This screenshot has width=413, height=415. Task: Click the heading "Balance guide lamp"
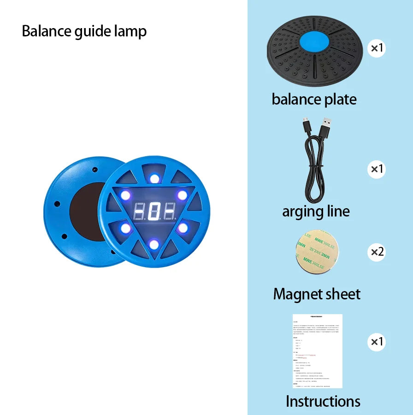click(x=84, y=31)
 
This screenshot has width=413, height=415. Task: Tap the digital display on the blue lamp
click(x=154, y=212)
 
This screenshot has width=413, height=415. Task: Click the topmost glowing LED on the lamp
click(x=154, y=178)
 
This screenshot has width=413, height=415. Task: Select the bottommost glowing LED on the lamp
click(x=154, y=244)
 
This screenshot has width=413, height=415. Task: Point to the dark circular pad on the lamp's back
click(x=88, y=211)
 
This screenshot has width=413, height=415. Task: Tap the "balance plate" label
click(x=314, y=99)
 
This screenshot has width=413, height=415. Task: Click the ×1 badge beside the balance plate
click(x=377, y=48)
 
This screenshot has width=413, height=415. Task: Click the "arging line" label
click(x=316, y=211)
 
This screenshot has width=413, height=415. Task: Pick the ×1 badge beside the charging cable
click(x=377, y=169)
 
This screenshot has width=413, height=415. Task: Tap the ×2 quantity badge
click(x=377, y=251)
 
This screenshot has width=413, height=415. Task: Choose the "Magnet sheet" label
click(x=317, y=294)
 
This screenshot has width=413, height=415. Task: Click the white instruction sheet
click(x=318, y=351)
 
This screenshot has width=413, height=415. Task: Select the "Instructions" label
click(x=323, y=401)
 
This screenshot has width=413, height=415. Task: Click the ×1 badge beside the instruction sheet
click(x=377, y=342)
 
